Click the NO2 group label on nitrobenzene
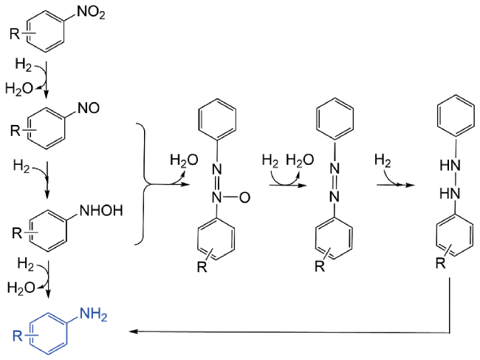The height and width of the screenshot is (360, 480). tap(91, 13)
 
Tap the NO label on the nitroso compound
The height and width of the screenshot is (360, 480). tap(89, 108)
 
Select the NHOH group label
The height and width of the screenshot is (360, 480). tap(101, 211)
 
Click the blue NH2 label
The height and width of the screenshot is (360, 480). tap(93, 315)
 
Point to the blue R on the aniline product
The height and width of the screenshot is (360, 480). tap(18, 336)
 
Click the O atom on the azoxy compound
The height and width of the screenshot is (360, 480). tap(244, 197)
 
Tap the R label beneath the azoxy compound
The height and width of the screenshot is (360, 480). tap(202, 267)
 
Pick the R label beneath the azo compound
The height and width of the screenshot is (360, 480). tap(320, 267)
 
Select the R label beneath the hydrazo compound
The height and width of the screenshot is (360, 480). tap(441, 263)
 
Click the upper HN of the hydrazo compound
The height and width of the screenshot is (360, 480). tap(450, 166)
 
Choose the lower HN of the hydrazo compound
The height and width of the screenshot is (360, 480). tap(450, 194)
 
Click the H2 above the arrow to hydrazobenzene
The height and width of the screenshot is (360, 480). tap(383, 160)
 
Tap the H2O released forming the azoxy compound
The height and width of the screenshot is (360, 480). tap(184, 160)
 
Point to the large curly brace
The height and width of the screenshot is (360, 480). tap(143, 184)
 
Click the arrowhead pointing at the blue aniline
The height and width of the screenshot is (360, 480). tap(133, 331)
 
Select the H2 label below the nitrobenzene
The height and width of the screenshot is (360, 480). tap(24, 65)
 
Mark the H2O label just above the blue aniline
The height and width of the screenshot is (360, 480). tap(21, 288)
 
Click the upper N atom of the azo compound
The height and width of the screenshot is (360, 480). tap(335, 169)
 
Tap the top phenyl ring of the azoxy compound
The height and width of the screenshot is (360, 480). tap(217, 119)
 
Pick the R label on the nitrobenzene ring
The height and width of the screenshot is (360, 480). tap(15, 34)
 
